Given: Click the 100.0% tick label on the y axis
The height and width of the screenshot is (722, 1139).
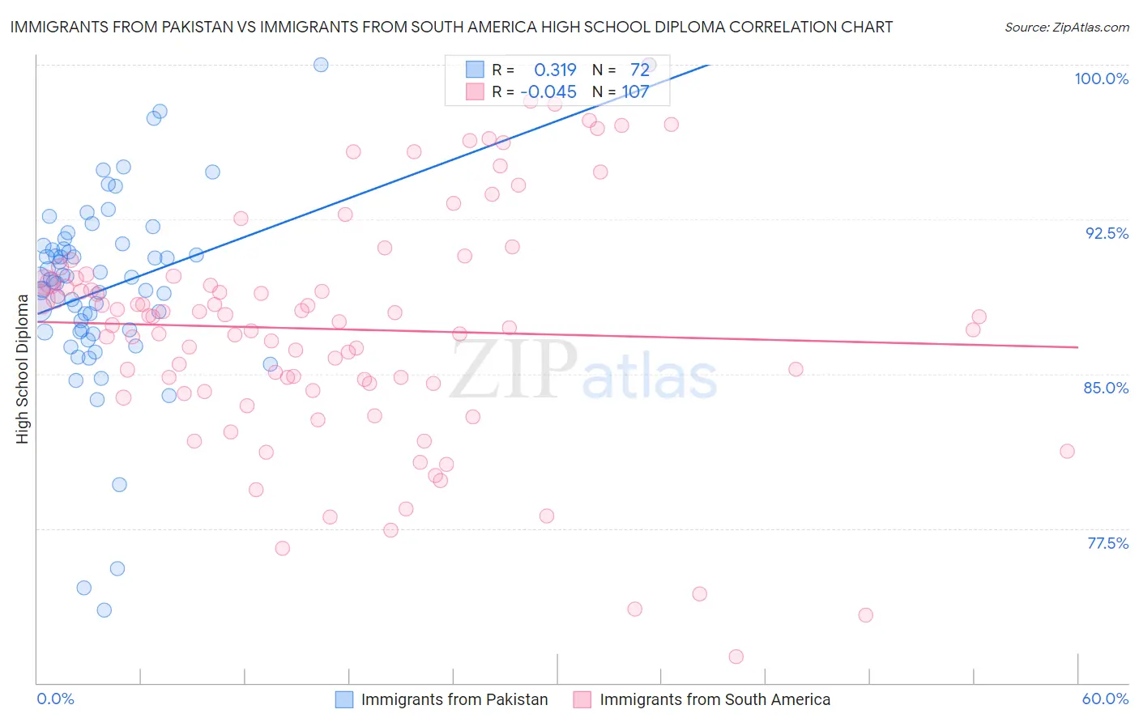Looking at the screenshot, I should click(1101, 79).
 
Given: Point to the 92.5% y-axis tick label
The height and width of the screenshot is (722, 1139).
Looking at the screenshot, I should click(1107, 233).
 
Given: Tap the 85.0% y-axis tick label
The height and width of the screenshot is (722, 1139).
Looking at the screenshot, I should click(1106, 388).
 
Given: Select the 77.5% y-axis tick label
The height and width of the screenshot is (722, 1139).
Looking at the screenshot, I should click(1107, 543).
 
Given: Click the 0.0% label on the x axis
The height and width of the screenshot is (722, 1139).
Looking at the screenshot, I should click(55, 699).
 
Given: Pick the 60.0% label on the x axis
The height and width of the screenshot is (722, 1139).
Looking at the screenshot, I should click(1105, 699).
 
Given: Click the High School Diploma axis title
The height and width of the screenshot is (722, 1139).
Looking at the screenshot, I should click(23, 369).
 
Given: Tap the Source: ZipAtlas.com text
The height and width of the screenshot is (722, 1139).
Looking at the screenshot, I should click(1066, 28).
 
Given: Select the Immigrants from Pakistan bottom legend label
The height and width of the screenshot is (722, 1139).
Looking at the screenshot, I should click(454, 699).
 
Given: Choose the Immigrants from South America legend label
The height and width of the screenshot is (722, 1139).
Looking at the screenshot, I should click(715, 699).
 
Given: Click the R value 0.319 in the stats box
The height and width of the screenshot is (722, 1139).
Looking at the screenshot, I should click(555, 70).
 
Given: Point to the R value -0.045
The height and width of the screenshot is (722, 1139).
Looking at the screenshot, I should click(548, 92).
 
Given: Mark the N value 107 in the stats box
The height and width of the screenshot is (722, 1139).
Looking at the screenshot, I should click(635, 92).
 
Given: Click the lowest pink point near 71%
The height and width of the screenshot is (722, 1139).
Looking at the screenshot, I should click(736, 656).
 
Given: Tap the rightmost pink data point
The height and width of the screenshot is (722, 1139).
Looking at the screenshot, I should click(1067, 451).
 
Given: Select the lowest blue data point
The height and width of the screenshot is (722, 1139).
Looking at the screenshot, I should click(104, 609).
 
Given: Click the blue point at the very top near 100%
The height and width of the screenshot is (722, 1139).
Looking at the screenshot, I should click(321, 65).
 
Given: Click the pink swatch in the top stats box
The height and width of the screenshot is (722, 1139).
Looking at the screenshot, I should click(475, 91).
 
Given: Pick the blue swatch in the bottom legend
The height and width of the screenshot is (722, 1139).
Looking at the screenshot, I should click(344, 699).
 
